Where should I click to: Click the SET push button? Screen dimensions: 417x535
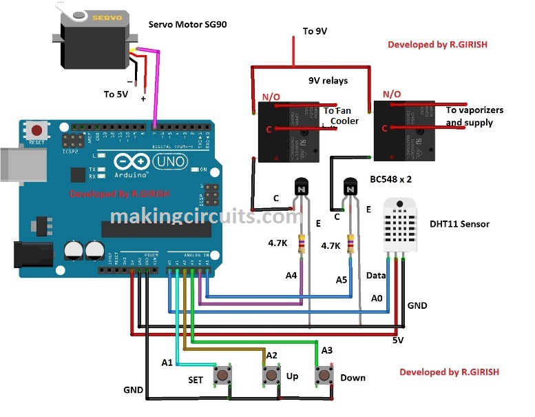pos(222,376)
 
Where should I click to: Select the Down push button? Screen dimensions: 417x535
pos(324,376)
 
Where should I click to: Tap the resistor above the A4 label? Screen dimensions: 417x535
pos(301,243)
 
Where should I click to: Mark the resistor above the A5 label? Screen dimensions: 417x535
pos(352,243)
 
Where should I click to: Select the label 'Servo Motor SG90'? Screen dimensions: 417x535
pos(188,25)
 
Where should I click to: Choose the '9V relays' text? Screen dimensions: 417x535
pos(328,80)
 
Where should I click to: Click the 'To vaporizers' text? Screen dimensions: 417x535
pos(474,110)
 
